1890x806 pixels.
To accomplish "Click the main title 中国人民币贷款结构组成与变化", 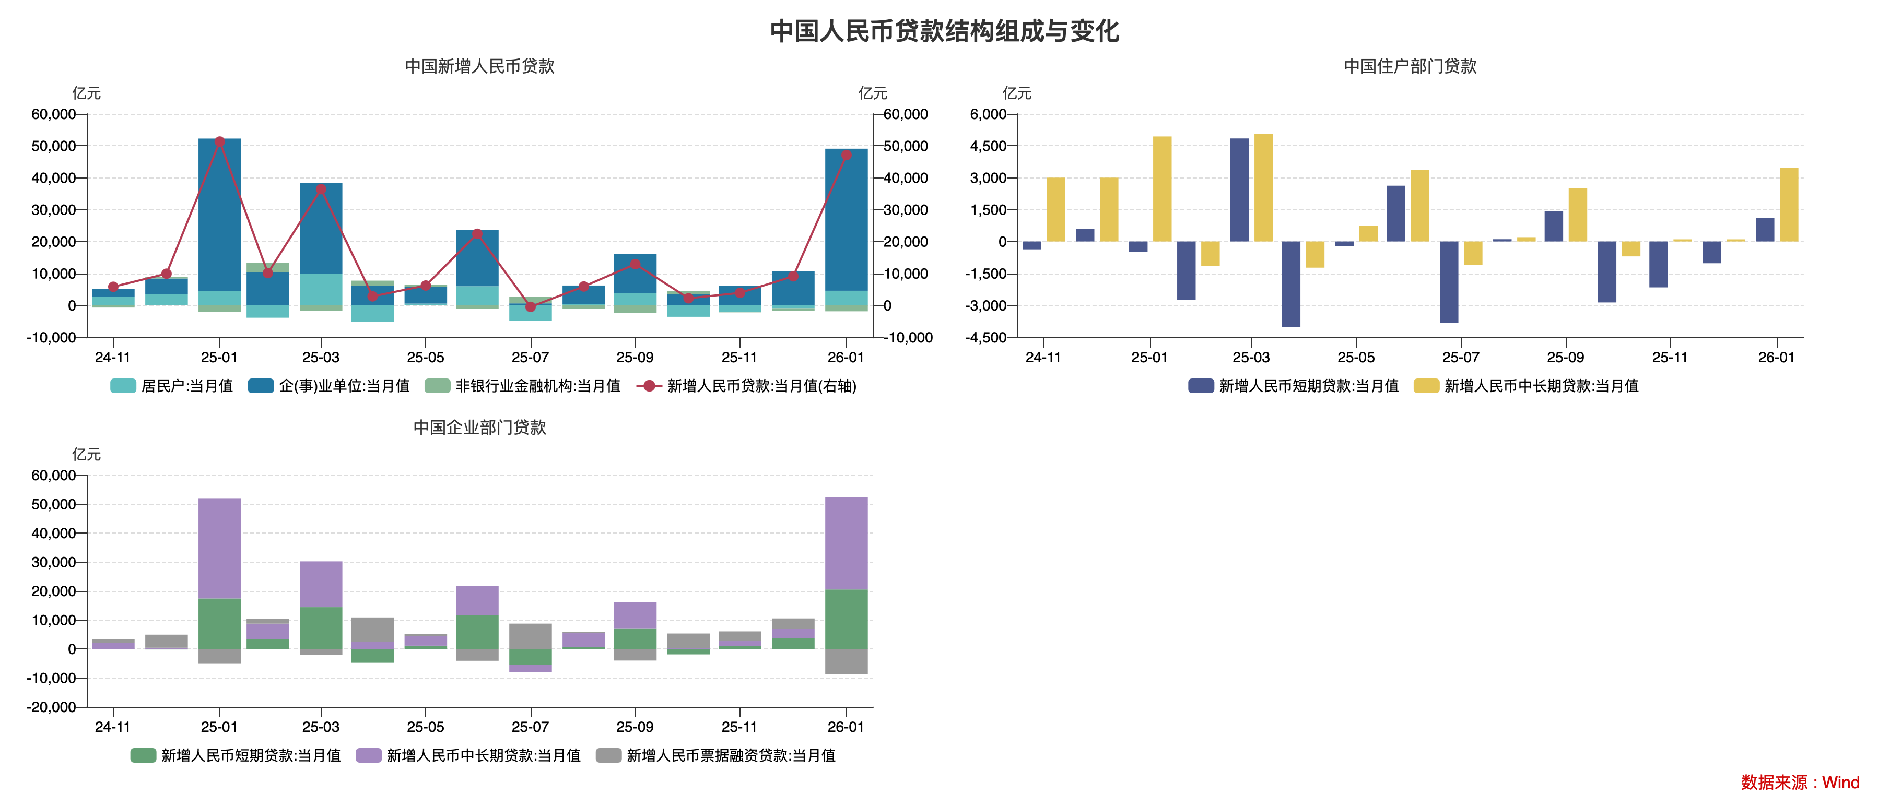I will pyautogui.click(x=944, y=31).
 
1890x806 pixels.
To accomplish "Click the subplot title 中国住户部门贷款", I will pyautogui.click(x=1410, y=66).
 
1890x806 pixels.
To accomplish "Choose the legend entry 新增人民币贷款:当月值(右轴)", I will pyautogui.click(x=747, y=386).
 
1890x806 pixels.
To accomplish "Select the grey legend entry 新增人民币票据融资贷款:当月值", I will pyautogui.click(x=716, y=755).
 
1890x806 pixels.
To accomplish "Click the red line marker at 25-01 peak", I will pyautogui.click(x=219, y=141).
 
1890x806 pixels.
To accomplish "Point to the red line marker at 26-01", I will pyautogui.click(x=846, y=155).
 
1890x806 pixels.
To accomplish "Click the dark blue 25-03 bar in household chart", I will pyautogui.click(x=1239, y=190).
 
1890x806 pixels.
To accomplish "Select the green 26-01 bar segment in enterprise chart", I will pyautogui.click(x=846, y=619).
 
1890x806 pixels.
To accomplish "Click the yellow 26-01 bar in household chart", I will pyautogui.click(x=1789, y=205).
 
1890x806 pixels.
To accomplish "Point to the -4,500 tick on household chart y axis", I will pyautogui.click(x=988, y=337).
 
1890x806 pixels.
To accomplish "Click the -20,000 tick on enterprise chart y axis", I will pyautogui.click(x=51, y=707).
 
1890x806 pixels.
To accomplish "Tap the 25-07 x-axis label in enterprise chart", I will pyautogui.click(x=530, y=727).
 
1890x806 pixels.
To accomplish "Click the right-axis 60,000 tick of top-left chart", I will pyautogui.click(x=906, y=114).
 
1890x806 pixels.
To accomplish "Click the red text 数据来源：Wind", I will pyautogui.click(x=1800, y=783).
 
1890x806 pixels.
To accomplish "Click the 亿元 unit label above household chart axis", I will pyautogui.click(x=1016, y=93).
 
